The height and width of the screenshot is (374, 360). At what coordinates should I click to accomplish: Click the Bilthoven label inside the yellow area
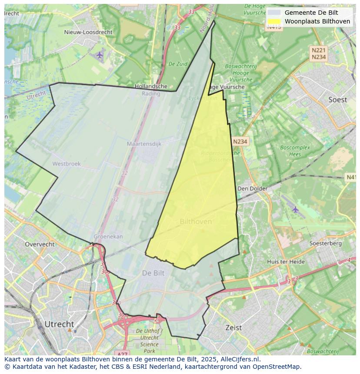click(196, 222)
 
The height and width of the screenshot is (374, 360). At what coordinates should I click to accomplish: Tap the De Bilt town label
click(153, 273)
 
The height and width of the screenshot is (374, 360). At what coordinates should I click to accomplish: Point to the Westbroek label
click(66, 164)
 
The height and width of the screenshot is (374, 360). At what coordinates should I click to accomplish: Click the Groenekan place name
click(108, 237)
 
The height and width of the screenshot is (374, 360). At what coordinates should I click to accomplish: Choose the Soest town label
click(337, 99)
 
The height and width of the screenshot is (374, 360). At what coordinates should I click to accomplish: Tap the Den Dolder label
click(252, 189)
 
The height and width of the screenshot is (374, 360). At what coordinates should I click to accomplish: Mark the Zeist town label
click(233, 328)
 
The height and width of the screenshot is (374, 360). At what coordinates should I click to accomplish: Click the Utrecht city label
click(59, 324)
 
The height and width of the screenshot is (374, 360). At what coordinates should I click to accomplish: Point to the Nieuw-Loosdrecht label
click(88, 32)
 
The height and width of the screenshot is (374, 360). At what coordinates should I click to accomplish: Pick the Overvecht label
click(40, 244)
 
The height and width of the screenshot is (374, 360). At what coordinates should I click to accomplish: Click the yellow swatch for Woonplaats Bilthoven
click(274, 21)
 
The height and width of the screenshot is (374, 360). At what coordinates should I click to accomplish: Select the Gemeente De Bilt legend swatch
click(274, 13)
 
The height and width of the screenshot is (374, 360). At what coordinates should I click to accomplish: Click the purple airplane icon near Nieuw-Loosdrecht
click(100, 55)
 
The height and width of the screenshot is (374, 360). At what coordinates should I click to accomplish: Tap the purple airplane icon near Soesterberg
click(296, 209)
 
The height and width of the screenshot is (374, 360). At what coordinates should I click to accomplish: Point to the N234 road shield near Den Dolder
click(240, 142)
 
